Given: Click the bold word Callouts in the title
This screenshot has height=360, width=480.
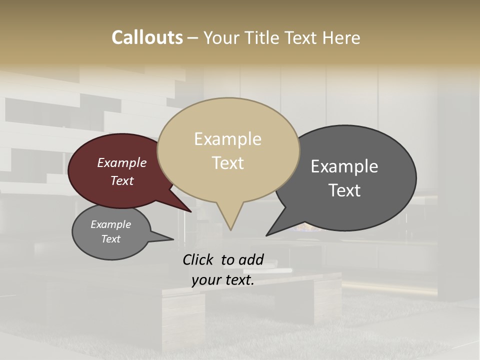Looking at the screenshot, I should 147,38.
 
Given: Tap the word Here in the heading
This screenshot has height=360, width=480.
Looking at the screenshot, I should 341,38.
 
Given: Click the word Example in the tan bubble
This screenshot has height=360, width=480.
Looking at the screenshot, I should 227,139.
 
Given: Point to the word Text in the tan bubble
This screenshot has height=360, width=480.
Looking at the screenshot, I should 228,163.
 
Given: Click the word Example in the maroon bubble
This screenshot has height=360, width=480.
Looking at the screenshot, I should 122,163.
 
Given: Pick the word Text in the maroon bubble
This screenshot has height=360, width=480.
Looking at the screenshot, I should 122,180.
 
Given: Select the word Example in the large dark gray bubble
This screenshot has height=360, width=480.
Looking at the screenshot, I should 344,166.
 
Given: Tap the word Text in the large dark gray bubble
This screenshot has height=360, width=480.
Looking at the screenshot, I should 344,190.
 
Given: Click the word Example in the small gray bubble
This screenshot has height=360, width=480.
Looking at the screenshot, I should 111,224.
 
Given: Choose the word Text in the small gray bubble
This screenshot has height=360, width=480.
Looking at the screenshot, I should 111,239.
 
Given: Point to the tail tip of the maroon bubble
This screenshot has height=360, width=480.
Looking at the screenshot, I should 191,211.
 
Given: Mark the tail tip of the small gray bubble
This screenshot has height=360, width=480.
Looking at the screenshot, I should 173,239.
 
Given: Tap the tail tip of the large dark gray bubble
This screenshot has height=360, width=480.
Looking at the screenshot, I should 266,235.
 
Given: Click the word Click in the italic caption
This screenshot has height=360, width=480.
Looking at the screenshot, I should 198,259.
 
